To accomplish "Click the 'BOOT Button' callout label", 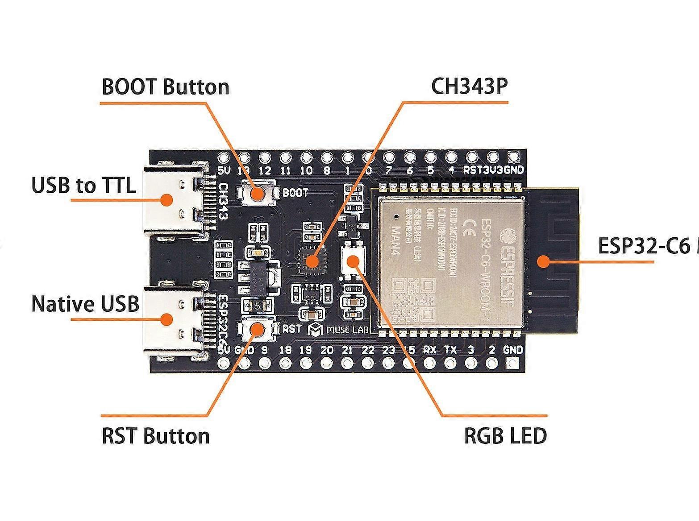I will point(166,87).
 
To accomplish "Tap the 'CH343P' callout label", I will point(470,87).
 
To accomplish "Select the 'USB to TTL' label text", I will point(83,185).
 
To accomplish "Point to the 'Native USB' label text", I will point(85,304).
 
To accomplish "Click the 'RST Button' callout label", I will point(156,436).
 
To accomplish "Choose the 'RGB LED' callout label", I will point(505,436).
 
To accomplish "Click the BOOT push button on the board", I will point(257,193).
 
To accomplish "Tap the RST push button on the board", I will point(258,329).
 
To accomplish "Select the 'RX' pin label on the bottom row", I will point(429,350).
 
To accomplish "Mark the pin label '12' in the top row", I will point(265,170).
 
